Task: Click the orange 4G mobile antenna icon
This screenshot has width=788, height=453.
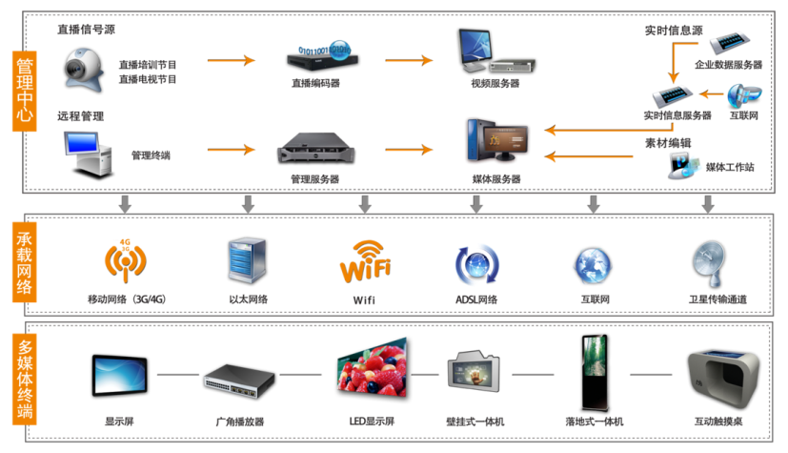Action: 125,261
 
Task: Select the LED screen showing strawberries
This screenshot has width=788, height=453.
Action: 371,366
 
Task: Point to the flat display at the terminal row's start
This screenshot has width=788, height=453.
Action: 119,376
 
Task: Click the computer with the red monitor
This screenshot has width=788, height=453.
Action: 495,141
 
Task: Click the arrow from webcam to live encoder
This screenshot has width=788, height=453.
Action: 232,61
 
